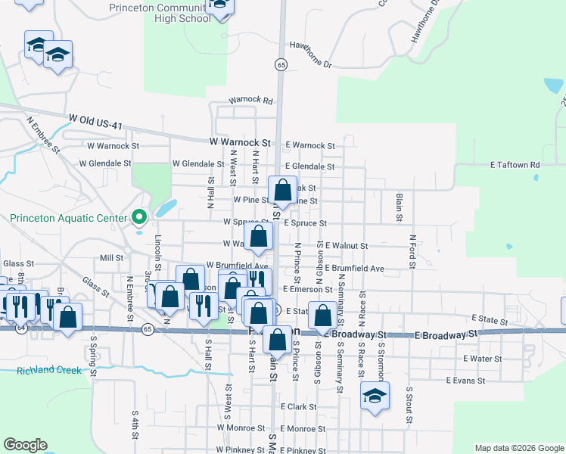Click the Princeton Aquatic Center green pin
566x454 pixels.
pos(138,218)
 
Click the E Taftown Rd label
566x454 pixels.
pos(515,164)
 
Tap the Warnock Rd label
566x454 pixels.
pos(251,100)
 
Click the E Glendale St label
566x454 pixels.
pos(309,166)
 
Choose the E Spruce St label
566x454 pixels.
pos(305,224)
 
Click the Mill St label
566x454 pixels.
pos(110,257)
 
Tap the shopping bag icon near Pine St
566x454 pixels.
pos(283,191)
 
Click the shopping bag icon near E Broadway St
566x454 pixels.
pos(323,316)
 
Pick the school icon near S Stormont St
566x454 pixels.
pos(375,397)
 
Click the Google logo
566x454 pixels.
pos(26,444)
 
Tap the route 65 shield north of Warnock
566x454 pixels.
pos(281,65)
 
